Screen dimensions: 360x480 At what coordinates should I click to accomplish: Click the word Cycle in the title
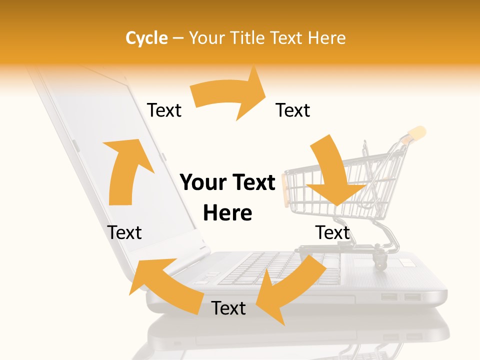point(146,38)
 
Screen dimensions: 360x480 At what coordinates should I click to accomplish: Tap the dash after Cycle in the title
point(178,38)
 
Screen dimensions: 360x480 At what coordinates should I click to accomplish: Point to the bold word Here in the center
point(227,213)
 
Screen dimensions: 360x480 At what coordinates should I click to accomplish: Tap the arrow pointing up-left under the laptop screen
point(165,282)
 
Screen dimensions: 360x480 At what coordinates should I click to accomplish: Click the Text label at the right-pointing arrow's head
point(293,110)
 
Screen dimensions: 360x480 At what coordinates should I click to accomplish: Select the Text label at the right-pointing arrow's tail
point(164,110)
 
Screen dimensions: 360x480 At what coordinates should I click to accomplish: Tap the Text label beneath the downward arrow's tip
point(332,232)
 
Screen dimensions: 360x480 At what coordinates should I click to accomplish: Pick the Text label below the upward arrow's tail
point(124,232)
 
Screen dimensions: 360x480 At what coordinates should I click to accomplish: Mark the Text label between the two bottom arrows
point(228,308)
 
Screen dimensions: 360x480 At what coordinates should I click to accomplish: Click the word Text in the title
point(285,38)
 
